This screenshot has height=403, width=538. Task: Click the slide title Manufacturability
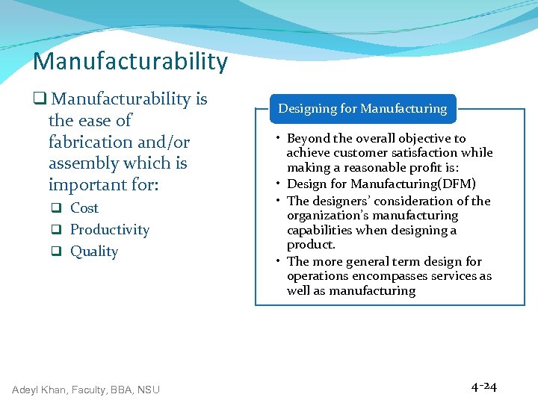click(x=130, y=61)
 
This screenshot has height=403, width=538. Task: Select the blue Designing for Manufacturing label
click(x=362, y=109)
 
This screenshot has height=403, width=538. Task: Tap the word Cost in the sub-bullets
click(x=84, y=208)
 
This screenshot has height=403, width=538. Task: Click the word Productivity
click(x=110, y=230)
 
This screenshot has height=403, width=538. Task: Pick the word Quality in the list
click(x=94, y=252)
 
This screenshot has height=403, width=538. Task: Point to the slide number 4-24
click(x=484, y=387)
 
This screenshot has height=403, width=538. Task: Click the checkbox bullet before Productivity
click(x=56, y=231)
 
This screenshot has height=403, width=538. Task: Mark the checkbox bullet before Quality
click(x=56, y=252)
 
